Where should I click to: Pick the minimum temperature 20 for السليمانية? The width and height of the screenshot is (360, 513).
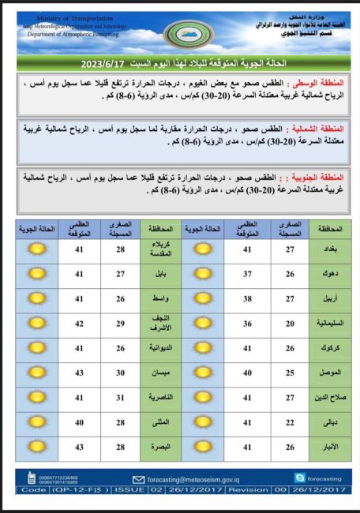(x=290, y=323)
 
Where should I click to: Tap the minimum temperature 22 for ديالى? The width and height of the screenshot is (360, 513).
(x=290, y=421)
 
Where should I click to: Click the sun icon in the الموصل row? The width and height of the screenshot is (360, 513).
(x=203, y=373)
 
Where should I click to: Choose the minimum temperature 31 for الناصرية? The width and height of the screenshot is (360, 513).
(x=121, y=397)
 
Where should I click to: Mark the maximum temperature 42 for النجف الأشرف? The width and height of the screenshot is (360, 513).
(x=79, y=323)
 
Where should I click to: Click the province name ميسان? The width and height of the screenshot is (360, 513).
(x=160, y=373)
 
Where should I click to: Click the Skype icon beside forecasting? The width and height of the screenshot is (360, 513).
(x=299, y=477)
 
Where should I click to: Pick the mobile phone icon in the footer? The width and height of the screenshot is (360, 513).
(x=31, y=477)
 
